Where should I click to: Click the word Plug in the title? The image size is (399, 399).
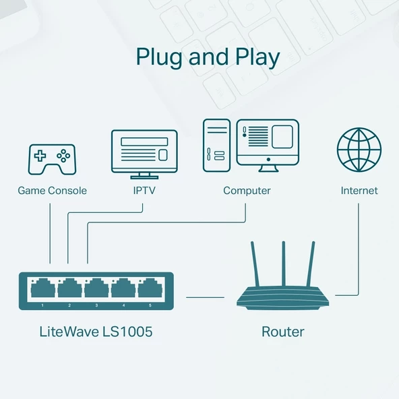point(159,58)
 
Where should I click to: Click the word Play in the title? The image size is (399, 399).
point(255,58)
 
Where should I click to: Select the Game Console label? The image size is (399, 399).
point(52,191)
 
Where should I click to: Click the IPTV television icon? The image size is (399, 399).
point(144,152)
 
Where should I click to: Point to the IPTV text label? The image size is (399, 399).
point(144,191)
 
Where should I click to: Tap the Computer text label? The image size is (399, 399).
point(247,191)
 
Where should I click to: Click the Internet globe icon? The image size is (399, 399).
point(359,150)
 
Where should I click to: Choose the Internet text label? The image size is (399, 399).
point(359,191)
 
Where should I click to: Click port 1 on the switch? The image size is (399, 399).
point(42,290)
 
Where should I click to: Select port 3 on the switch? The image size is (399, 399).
point(96,290)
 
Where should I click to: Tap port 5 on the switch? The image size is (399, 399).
point(150,290)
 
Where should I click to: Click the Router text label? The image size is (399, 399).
point(282,332)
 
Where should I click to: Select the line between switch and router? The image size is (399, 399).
point(205,297)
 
